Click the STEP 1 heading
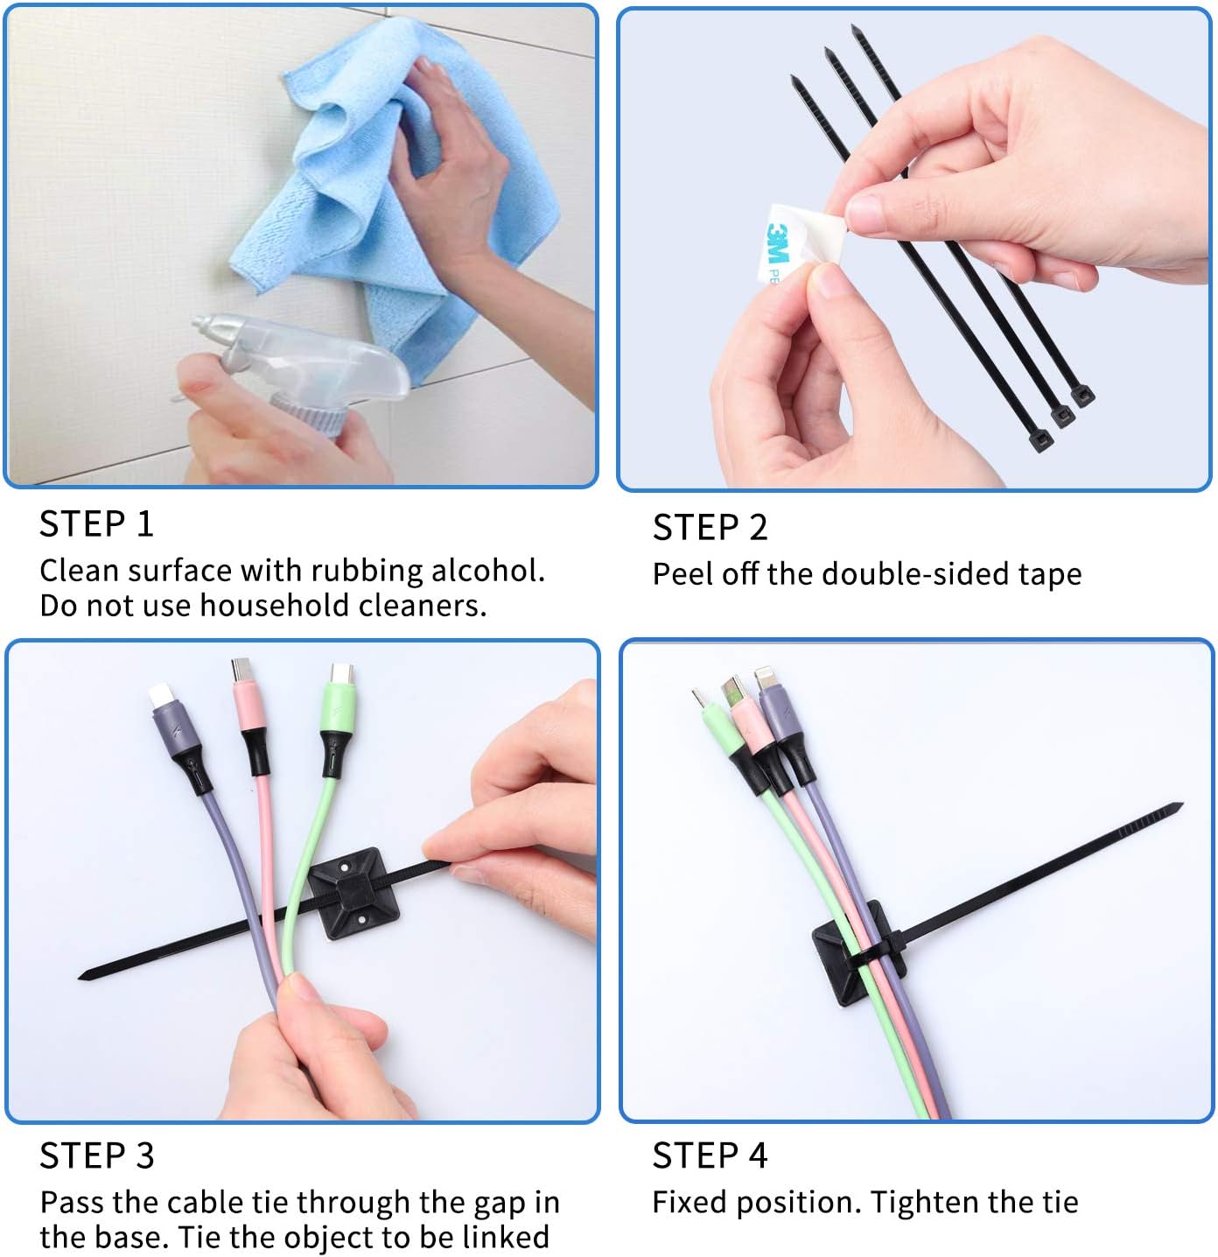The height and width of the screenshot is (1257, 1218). (96, 524)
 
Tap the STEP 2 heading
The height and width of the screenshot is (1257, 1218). (710, 528)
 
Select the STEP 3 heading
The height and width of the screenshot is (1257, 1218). (96, 1155)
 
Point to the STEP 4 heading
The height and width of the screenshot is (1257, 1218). (710, 1155)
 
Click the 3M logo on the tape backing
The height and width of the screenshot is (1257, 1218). (777, 244)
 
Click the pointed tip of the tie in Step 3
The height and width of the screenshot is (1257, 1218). (84, 974)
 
